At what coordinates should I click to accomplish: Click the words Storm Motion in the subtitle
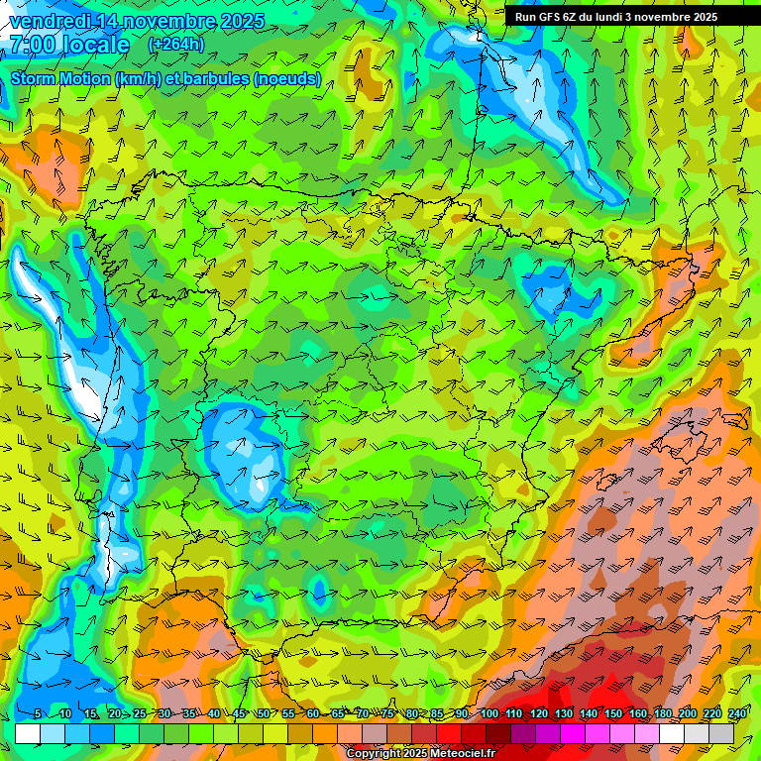pos(60,78)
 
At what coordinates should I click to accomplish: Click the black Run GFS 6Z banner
pos(623,17)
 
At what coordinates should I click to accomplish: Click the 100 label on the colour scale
pos(489,714)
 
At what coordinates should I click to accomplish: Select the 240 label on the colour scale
pos(737,714)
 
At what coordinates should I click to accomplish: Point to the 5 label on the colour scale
pos(38,714)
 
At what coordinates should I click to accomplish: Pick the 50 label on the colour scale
pos(263,714)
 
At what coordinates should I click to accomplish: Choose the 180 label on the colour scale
pos(663,714)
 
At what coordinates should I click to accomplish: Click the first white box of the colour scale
pos(28,734)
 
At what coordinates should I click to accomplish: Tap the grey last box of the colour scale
pos(721,734)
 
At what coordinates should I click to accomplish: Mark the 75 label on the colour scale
pos(387,714)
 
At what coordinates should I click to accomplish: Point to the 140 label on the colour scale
pos(589,714)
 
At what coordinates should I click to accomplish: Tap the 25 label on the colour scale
pos(140,714)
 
